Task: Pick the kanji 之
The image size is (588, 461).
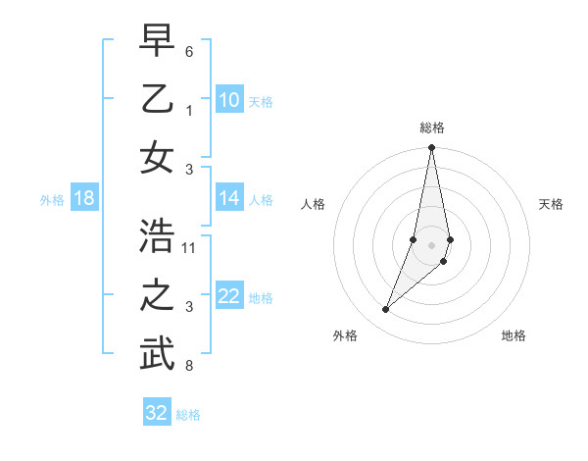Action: click(157, 295)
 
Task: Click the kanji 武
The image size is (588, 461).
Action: click(157, 355)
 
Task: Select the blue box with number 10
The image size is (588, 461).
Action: click(229, 100)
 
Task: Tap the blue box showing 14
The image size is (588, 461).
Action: click(229, 199)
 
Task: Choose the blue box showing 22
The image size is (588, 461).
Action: click(229, 297)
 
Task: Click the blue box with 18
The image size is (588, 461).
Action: click(84, 199)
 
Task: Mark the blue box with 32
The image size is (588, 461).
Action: click(157, 413)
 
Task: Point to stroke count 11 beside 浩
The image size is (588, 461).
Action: click(189, 246)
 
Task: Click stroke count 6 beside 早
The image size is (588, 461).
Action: click(189, 50)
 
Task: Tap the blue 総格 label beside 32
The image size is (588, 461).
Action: click(188, 414)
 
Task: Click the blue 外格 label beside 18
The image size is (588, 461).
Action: click(52, 200)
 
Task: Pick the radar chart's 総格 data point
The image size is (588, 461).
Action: click(431, 148)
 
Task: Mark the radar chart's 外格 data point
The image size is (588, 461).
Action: click(386, 309)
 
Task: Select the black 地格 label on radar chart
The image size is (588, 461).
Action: click(514, 335)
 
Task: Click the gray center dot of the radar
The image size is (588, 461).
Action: click(431, 245)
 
